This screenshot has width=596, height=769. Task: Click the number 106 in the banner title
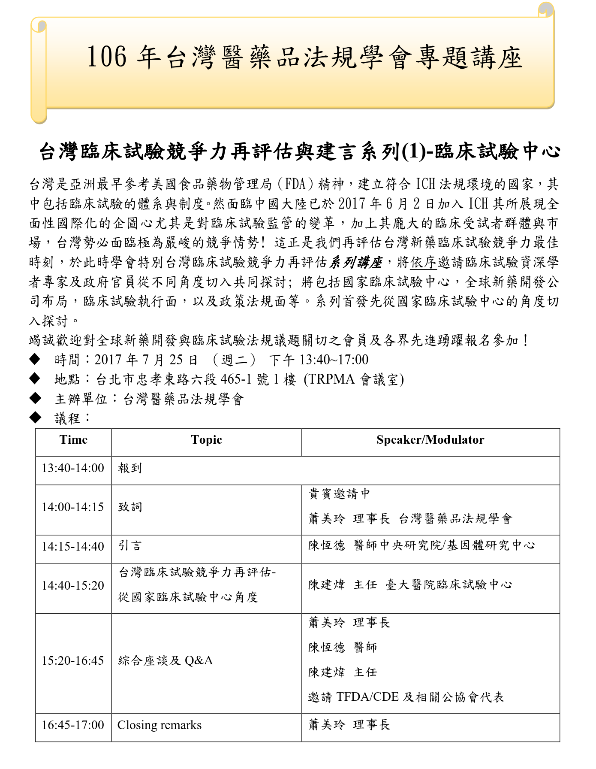pos(107,57)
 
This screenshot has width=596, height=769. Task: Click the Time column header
pos(73,440)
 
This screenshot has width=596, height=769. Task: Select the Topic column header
pos(206,440)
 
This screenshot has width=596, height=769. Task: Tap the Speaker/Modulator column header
pos(430,440)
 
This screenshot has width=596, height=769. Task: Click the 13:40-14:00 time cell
pos(73,468)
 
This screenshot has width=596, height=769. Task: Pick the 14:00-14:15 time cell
pos(73,507)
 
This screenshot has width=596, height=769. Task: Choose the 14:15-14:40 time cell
pos(73,547)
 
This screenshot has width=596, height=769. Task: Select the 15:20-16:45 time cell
pos(73,661)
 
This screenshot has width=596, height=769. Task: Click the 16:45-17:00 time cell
pos(73,725)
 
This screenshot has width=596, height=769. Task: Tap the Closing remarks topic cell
pos(160,725)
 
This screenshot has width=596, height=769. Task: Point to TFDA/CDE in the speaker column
pos(367,696)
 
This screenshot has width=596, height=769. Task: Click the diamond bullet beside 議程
pos(35,417)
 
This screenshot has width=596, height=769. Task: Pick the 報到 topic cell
pos(130,468)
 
